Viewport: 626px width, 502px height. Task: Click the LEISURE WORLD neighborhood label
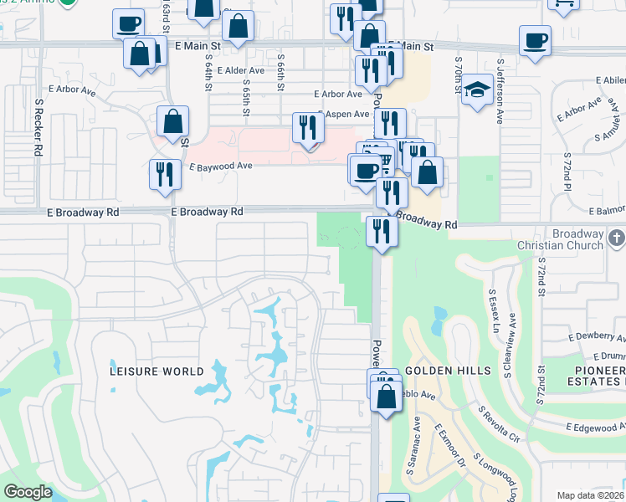(x=157, y=371)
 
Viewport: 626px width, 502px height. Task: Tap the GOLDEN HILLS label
(x=440, y=370)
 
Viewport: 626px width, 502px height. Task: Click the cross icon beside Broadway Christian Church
(x=617, y=239)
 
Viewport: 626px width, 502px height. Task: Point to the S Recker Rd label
(x=39, y=126)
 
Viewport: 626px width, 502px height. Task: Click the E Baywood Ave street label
(x=220, y=166)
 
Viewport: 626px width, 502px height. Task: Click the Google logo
(x=28, y=491)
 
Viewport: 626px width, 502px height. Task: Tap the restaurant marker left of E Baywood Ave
(x=162, y=174)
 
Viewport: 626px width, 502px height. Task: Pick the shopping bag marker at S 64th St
(x=172, y=122)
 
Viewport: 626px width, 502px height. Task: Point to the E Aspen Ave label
(x=343, y=114)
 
